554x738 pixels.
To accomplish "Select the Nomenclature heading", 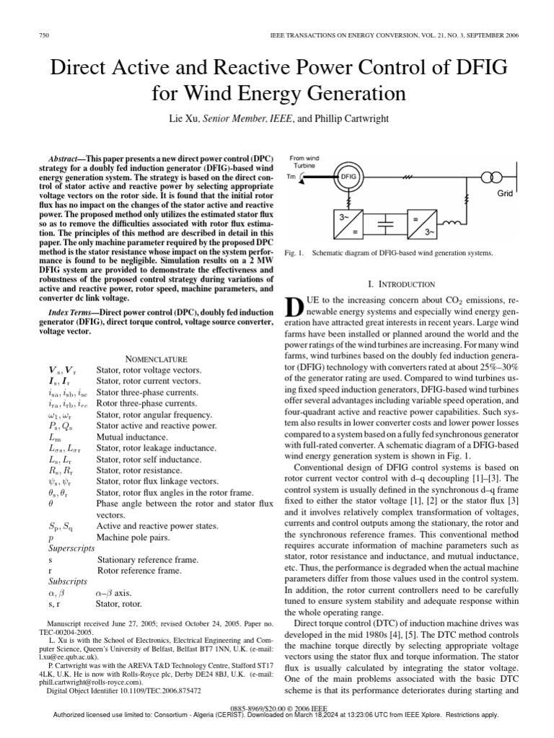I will pyautogui.click(x=157, y=358).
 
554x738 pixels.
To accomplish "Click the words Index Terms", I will pyautogui.click(x=73, y=312).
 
